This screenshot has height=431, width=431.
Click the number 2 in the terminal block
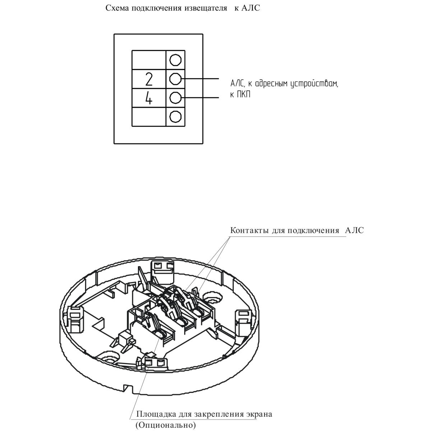pyautogui.click(x=149, y=79)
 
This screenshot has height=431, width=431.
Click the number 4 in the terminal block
pyautogui.click(x=149, y=98)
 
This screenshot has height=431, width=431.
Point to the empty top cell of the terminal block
pyautogui.click(x=149, y=60)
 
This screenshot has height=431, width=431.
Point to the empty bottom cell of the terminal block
pyautogui.click(x=149, y=117)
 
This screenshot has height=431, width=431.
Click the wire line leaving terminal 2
pyautogui.click(x=200, y=79)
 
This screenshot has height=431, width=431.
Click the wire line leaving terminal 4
pyautogui.click(x=200, y=98)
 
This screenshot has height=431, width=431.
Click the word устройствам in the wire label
pyautogui.click(x=314, y=84)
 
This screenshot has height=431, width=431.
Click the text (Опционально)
pyautogui.click(x=166, y=425)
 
